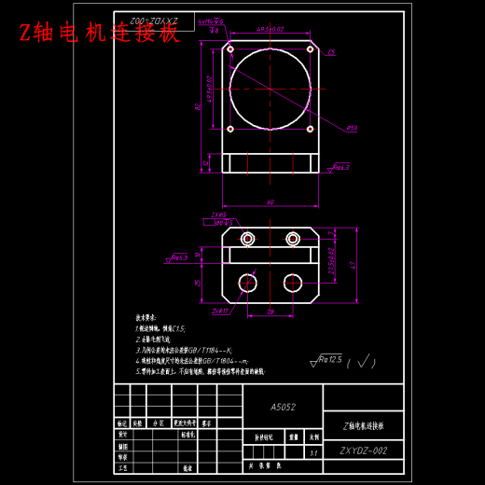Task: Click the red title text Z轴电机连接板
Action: click(99, 34)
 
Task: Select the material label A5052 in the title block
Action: click(283, 407)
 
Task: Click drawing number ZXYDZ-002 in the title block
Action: click(363, 450)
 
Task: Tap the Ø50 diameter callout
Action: click(352, 128)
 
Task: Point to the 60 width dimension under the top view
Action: click(270, 202)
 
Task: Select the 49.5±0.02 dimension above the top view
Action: click(270, 29)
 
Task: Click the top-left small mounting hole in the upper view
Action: click(230, 49)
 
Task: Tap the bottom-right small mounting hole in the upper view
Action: click(311, 130)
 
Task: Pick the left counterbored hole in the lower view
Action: click(247, 239)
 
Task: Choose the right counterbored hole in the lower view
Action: click(293, 239)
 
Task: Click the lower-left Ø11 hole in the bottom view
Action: click(247, 283)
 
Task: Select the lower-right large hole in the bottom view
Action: click(293, 283)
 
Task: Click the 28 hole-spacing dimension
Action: click(270, 312)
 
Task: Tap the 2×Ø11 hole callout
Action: click(220, 311)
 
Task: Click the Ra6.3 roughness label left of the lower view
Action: click(177, 257)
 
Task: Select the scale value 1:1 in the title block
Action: click(313, 451)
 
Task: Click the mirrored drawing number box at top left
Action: click(154, 21)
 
